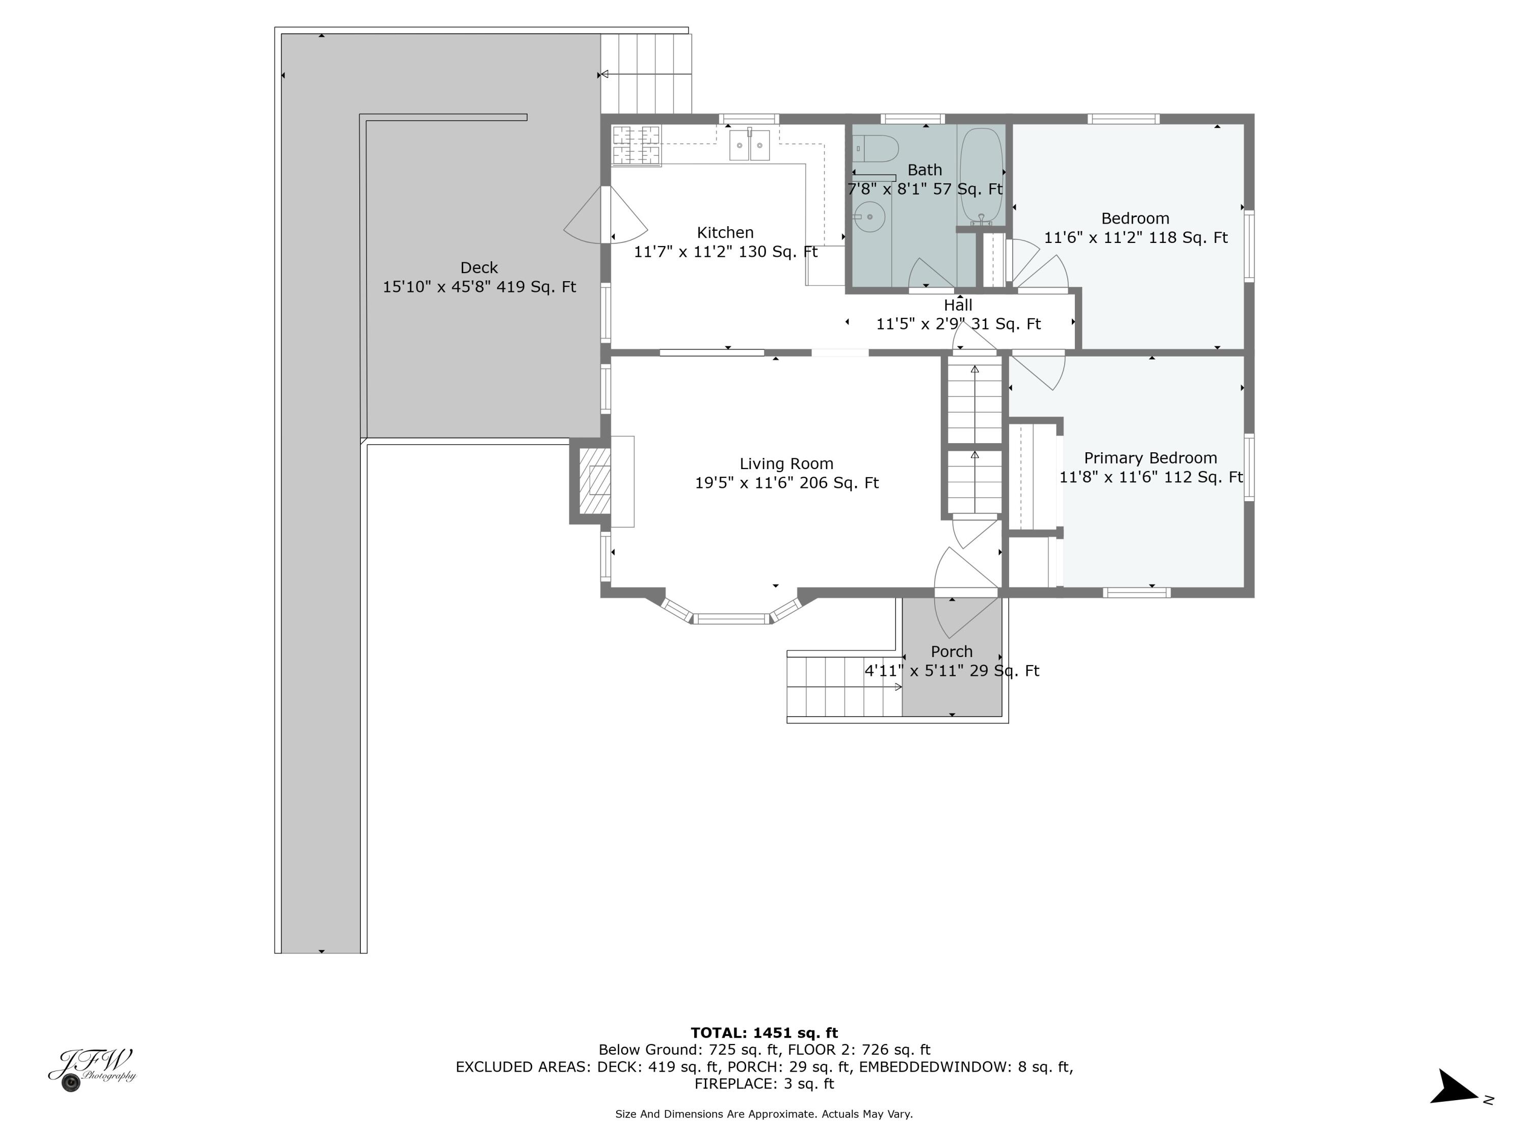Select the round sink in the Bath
(x=869, y=217)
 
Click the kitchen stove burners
(x=637, y=145)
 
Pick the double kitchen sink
(x=749, y=146)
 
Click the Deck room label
(x=479, y=268)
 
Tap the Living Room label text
(x=786, y=463)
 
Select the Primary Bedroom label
(x=1150, y=458)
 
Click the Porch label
(x=951, y=651)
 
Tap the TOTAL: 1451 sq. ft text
(x=764, y=1033)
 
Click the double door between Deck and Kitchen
(x=605, y=215)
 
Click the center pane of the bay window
(x=731, y=619)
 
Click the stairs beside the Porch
(x=844, y=687)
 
